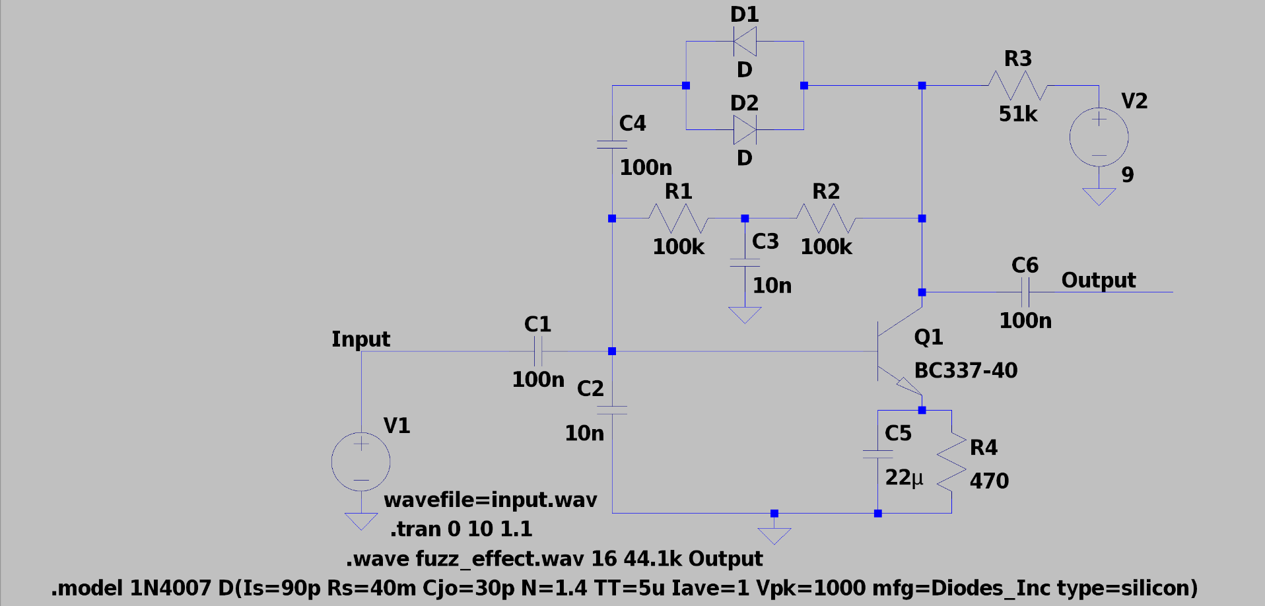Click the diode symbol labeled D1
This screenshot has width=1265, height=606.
[x=745, y=42]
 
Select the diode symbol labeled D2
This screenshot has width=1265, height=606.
[x=745, y=130]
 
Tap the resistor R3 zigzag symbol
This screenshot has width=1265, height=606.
[x=1017, y=86]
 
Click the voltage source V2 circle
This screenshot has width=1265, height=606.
[x=1099, y=137]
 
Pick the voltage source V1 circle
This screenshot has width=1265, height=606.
[x=360, y=461]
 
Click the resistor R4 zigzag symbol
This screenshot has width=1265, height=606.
[x=951, y=461]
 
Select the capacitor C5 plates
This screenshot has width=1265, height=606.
[x=877, y=454]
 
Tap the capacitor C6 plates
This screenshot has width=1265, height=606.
[x=1025, y=292]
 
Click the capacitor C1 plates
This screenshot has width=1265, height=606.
[x=538, y=351]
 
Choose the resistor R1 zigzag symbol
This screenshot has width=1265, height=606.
[x=678, y=219]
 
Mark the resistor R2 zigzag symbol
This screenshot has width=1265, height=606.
[x=826, y=219]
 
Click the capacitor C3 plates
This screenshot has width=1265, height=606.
[x=745, y=263]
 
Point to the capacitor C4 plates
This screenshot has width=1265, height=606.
[x=612, y=145]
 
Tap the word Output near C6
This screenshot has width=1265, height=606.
[x=1098, y=280]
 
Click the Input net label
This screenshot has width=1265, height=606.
[x=360, y=339]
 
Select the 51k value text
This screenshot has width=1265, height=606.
[x=1017, y=114]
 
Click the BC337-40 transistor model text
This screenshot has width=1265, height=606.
[x=965, y=370]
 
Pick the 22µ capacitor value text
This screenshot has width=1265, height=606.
[x=904, y=477]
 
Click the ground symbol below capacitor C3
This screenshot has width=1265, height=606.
[x=745, y=315]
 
